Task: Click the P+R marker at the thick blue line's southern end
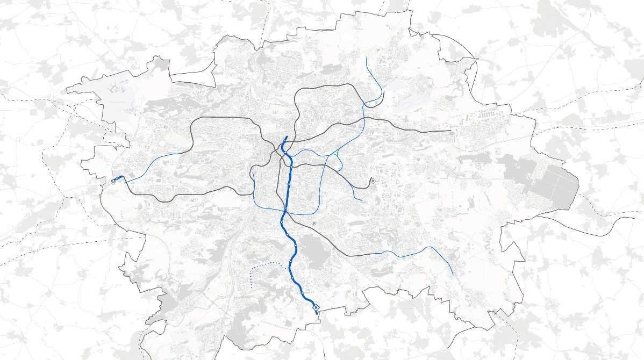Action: [316, 307]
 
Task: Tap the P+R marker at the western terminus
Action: [113, 182]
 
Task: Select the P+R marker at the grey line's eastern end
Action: [373, 182]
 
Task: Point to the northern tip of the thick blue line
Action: [287, 137]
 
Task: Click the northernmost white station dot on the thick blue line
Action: [289, 184]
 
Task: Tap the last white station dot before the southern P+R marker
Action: [302, 292]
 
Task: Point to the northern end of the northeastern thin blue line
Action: [367, 56]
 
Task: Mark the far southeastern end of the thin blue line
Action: [453, 276]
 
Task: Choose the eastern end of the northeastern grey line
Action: [450, 131]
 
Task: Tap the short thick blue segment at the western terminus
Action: [118, 178]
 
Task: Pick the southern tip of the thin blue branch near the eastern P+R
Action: [362, 201]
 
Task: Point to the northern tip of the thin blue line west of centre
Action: [253, 171]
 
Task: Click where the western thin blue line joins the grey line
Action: [179, 154]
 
